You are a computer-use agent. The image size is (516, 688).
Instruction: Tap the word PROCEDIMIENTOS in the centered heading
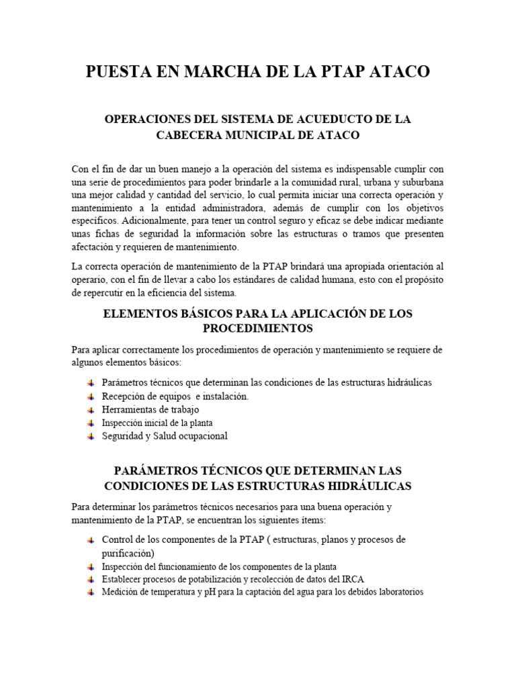258,329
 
